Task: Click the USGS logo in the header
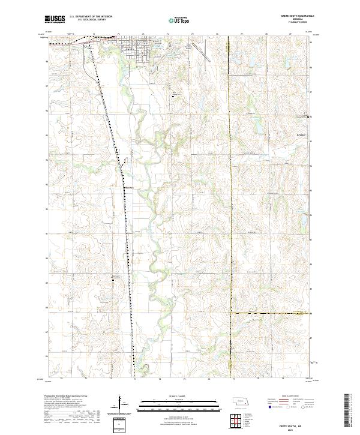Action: [x=55, y=19]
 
